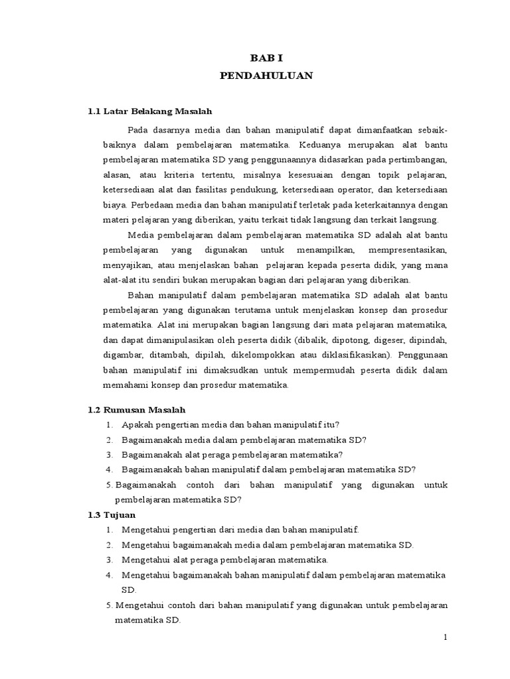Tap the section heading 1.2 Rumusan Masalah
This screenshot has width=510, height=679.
point(137,410)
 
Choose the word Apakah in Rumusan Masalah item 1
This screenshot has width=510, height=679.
point(136,425)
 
